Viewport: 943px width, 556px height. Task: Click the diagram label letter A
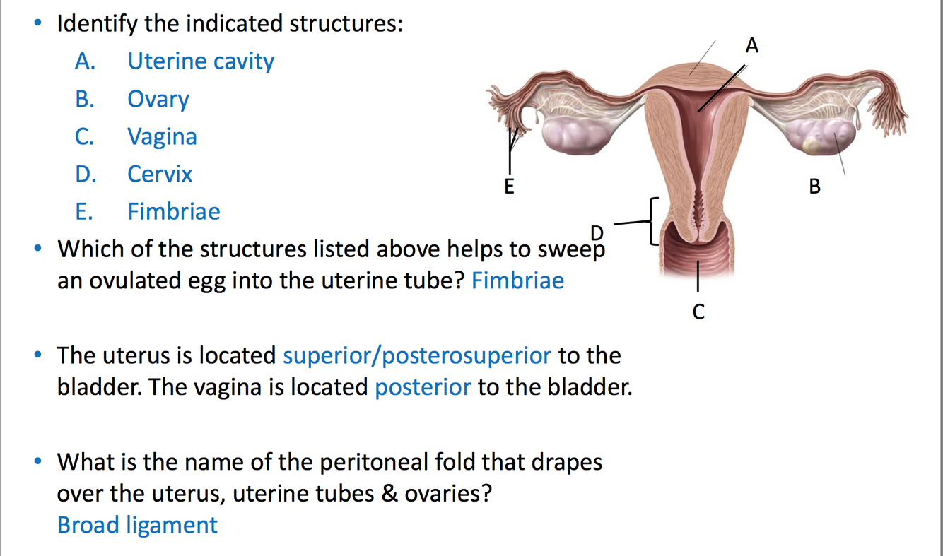[752, 47]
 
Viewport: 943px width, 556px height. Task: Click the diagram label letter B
[815, 187]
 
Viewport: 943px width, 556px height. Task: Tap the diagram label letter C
[698, 312]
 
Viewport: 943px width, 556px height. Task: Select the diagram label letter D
[597, 232]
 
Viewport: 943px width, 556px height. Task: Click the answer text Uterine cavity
[201, 61]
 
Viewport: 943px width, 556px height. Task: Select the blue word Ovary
[158, 99]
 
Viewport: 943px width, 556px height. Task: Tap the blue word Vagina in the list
[162, 136]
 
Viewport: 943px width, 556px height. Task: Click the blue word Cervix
[160, 174]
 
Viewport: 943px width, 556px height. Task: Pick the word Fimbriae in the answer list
[174, 211]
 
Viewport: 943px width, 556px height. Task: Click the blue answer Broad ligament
[137, 525]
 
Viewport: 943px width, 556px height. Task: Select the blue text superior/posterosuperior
[417, 355]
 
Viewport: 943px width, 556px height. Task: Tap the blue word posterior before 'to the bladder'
[423, 387]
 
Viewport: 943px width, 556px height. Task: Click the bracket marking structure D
[654, 222]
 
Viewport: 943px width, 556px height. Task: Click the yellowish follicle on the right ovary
[812, 146]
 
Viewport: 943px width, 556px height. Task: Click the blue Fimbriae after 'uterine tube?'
[517, 280]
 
